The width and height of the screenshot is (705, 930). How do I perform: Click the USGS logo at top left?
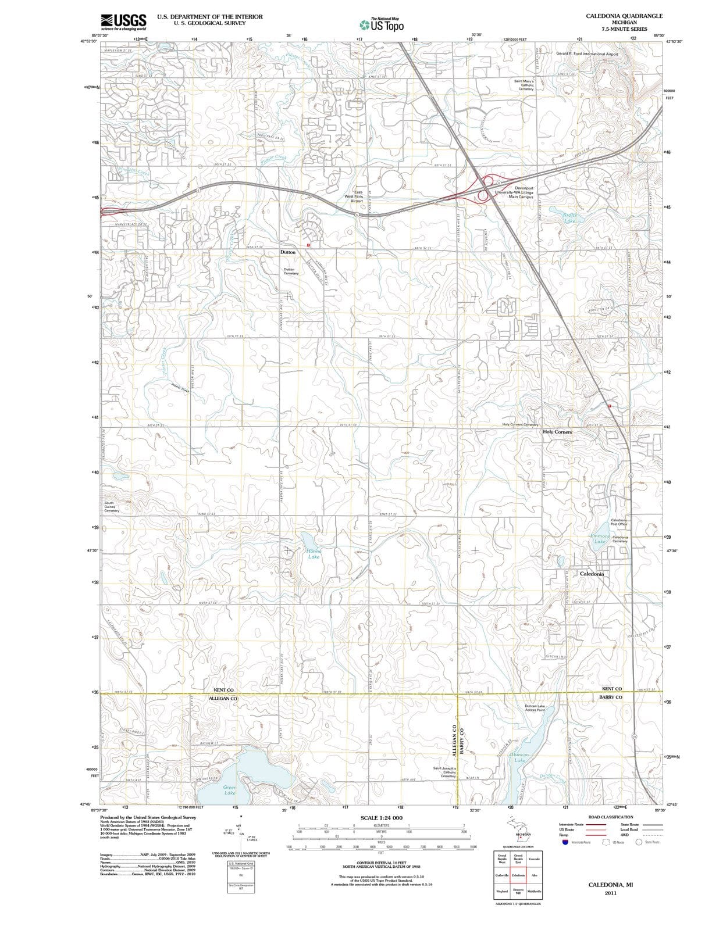coord(123,22)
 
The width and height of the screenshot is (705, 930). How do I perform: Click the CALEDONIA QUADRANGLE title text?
coord(624,16)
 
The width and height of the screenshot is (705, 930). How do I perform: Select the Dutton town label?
coord(288,252)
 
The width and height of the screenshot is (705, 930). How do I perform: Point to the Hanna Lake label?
coord(314,553)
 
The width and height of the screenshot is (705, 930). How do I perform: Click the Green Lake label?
coord(230,790)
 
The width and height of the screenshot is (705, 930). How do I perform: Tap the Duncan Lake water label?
coord(520,757)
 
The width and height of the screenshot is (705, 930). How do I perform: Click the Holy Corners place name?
coord(557,432)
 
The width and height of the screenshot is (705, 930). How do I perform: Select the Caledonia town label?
coord(592,574)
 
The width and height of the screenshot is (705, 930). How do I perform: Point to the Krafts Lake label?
coord(570,218)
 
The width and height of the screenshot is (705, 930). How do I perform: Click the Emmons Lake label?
coord(600,538)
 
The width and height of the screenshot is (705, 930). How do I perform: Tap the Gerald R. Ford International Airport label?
coord(587,53)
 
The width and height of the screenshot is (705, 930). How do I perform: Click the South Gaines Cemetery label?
coord(111,506)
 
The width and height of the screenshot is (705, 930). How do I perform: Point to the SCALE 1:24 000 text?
coord(381,818)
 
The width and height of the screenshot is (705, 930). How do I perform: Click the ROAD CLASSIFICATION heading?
coord(611,817)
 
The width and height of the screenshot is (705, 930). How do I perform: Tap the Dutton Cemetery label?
coord(291,271)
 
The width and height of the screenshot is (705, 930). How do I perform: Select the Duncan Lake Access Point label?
coord(535,708)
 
